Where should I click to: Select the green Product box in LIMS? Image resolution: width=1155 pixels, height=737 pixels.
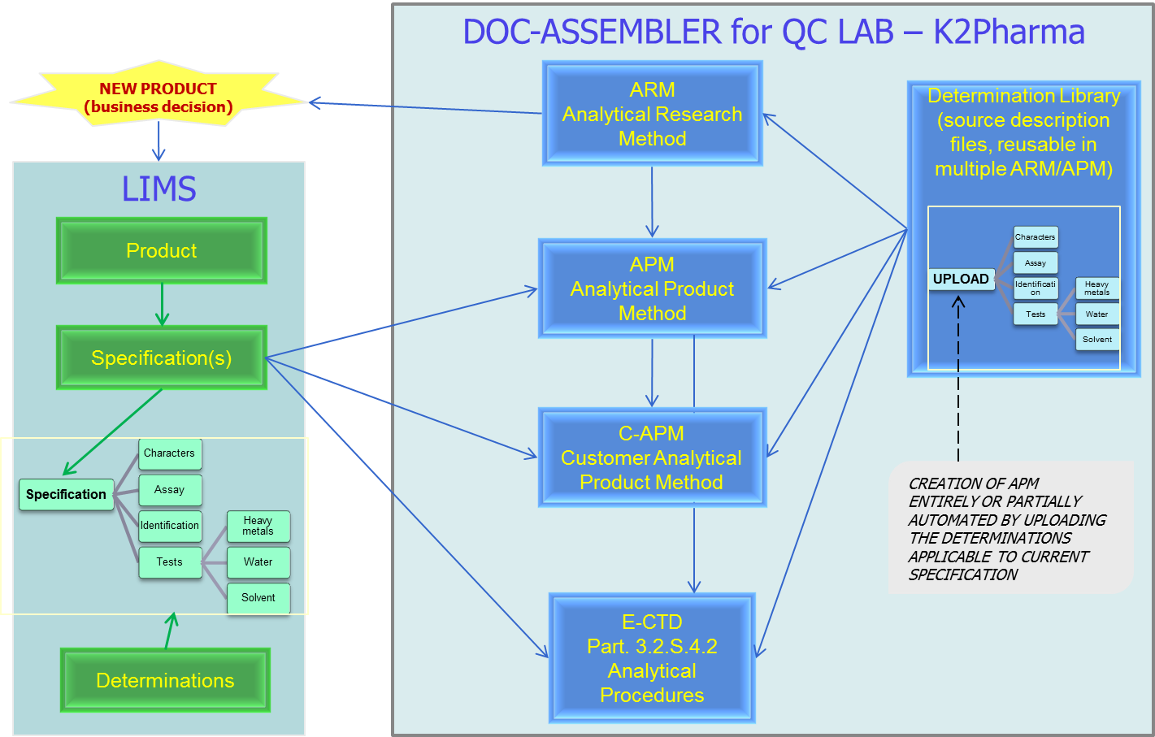click(x=162, y=250)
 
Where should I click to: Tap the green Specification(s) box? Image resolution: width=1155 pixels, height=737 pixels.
click(x=162, y=358)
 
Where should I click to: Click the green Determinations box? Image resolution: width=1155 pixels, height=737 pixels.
click(x=165, y=680)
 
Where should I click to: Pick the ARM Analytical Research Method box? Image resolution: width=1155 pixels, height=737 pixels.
click(x=652, y=114)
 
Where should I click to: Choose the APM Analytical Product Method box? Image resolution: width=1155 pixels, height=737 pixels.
click(x=652, y=288)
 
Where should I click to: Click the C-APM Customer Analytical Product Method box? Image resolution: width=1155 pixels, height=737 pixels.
click(x=652, y=457)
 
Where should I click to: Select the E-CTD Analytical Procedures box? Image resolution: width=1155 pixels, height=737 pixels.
click(x=652, y=658)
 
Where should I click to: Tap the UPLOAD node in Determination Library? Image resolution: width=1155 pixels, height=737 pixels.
click(x=961, y=279)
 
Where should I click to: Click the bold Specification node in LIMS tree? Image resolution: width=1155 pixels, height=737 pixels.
click(x=66, y=494)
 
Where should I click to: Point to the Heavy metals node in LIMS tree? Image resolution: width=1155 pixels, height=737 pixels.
click(x=258, y=526)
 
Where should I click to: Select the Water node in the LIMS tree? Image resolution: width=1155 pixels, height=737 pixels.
click(x=258, y=561)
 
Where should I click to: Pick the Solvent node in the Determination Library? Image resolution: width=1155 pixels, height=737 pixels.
click(x=1097, y=339)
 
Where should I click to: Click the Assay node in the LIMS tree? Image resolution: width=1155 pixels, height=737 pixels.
click(x=170, y=490)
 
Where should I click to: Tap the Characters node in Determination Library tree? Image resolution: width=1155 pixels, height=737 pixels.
click(x=1036, y=237)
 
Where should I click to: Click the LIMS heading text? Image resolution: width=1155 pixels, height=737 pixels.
click(x=158, y=189)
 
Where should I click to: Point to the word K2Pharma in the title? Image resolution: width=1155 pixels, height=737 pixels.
click(x=1009, y=32)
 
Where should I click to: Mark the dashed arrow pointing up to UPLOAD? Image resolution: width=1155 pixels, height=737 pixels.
click(x=958, y=379)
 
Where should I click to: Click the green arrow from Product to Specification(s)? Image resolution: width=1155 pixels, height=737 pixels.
click(x=162, y=305)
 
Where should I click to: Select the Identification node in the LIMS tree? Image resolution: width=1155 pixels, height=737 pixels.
click(x=170, y=526)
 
